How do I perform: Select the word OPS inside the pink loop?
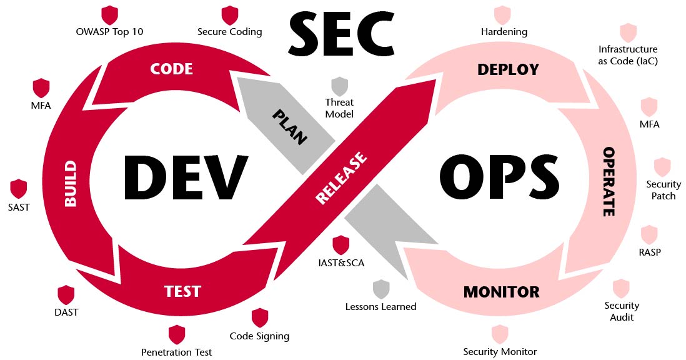point(498,176)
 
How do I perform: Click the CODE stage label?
point(171,68)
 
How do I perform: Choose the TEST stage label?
point(182,291)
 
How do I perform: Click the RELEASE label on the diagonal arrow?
point(341,178)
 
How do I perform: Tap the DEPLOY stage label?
point(508,69)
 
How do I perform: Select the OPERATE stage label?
point(609,182)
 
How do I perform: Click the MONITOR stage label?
point(501,292)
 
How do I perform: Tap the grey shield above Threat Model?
point(339,86)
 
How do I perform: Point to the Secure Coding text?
point(229,31)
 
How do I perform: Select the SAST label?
point(19,207)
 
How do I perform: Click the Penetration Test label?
point(177,352)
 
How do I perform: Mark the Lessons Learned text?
point(380,306)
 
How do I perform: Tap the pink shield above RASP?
point(649,235)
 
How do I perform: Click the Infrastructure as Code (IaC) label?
point(628,55)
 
